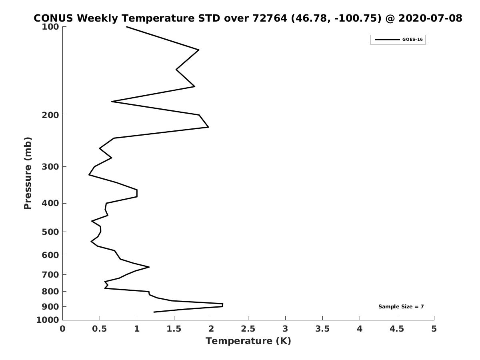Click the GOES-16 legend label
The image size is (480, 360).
(412, 40)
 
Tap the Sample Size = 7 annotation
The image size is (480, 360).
(401, 307)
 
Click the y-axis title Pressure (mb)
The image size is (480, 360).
(28, 173)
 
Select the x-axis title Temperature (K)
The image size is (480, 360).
(248, 341)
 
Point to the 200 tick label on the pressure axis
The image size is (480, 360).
(50, 115)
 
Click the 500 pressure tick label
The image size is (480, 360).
(50, 232)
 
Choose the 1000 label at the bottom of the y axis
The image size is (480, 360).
(48, 320)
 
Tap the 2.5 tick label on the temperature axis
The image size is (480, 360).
(248, 329)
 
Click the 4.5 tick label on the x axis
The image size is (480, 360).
(397, 329)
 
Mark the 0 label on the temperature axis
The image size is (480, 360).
(62, 329)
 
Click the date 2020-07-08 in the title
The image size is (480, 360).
(430, 18)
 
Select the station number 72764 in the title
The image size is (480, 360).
(270, 18)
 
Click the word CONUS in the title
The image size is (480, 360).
(53, 18)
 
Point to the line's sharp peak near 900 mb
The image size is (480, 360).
(223, 305)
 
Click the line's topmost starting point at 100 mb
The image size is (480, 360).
(126, 27)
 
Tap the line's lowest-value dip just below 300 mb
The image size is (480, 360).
(89, 175)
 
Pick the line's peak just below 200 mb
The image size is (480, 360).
(208, 127)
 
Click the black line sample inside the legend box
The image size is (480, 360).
(387, 40)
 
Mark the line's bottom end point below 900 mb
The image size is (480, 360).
(154, 312)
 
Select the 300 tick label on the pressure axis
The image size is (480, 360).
(50, 167)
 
